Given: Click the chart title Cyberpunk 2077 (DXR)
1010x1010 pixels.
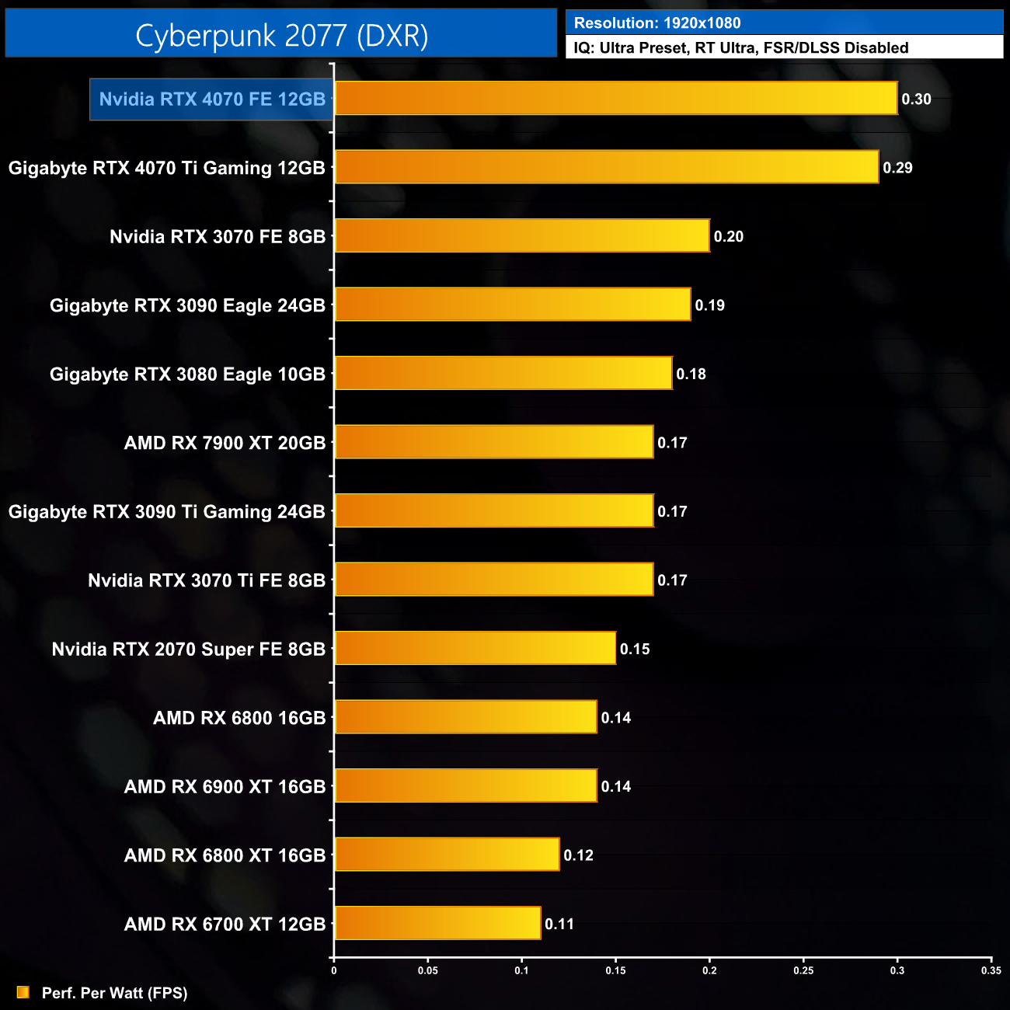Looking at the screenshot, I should (281, 35).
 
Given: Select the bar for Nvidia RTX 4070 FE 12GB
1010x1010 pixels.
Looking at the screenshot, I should (615, 99).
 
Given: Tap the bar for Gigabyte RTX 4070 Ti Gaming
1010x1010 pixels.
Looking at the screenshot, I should (606, 167).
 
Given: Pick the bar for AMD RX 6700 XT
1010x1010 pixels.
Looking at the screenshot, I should (437, 923).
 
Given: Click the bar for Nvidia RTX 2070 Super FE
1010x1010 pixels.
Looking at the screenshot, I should (475, 648).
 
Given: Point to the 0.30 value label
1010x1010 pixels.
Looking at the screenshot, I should (916, 99).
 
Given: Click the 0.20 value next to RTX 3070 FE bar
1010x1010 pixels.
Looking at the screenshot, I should (728, 237).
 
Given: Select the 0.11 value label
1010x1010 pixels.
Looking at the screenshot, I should (559, 925).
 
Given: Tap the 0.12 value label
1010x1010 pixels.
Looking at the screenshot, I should (578, 855).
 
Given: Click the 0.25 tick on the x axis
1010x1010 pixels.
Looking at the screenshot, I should (803, 970).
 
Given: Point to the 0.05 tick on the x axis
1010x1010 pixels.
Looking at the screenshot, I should (427, 970).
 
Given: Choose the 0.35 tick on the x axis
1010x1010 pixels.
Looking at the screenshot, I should (991, 970).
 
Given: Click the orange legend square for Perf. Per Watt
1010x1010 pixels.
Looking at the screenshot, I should (23, 992).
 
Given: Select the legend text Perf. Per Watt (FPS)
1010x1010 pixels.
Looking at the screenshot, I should (114, 993).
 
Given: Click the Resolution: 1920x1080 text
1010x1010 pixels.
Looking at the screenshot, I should (657, 23).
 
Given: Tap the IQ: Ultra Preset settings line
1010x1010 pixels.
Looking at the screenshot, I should (740, 48).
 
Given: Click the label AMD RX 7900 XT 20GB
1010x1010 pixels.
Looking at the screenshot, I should (225, 443).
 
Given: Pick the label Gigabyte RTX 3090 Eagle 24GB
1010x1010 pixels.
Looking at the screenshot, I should (187, 305).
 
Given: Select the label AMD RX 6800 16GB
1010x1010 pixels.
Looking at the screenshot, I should (239, 718).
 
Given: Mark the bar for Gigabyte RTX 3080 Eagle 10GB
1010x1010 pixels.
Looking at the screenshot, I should (503, 373).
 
